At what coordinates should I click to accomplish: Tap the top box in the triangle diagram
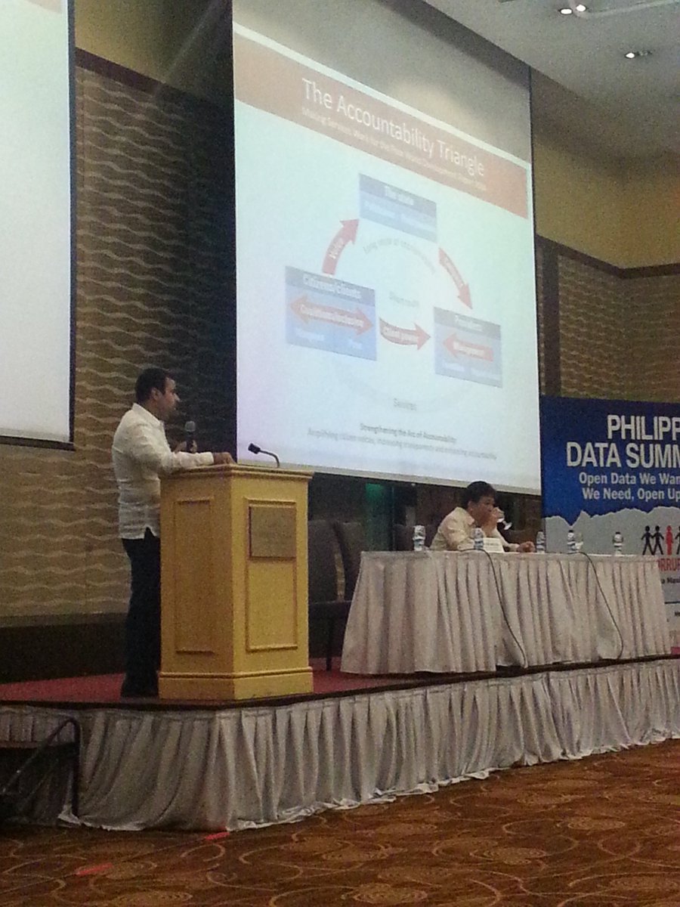pos(397,209)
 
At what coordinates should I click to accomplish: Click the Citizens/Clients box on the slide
pos(331,313)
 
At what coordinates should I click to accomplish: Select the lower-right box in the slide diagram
pos(468,347)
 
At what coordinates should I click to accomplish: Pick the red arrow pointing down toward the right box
pos(455,277)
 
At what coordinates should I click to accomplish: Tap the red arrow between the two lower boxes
pos(403,334)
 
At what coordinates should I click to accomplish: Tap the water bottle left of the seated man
pos(419,537)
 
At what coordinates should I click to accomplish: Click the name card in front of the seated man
pos(493,543)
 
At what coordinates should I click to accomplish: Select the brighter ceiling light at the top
pos(581,9)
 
